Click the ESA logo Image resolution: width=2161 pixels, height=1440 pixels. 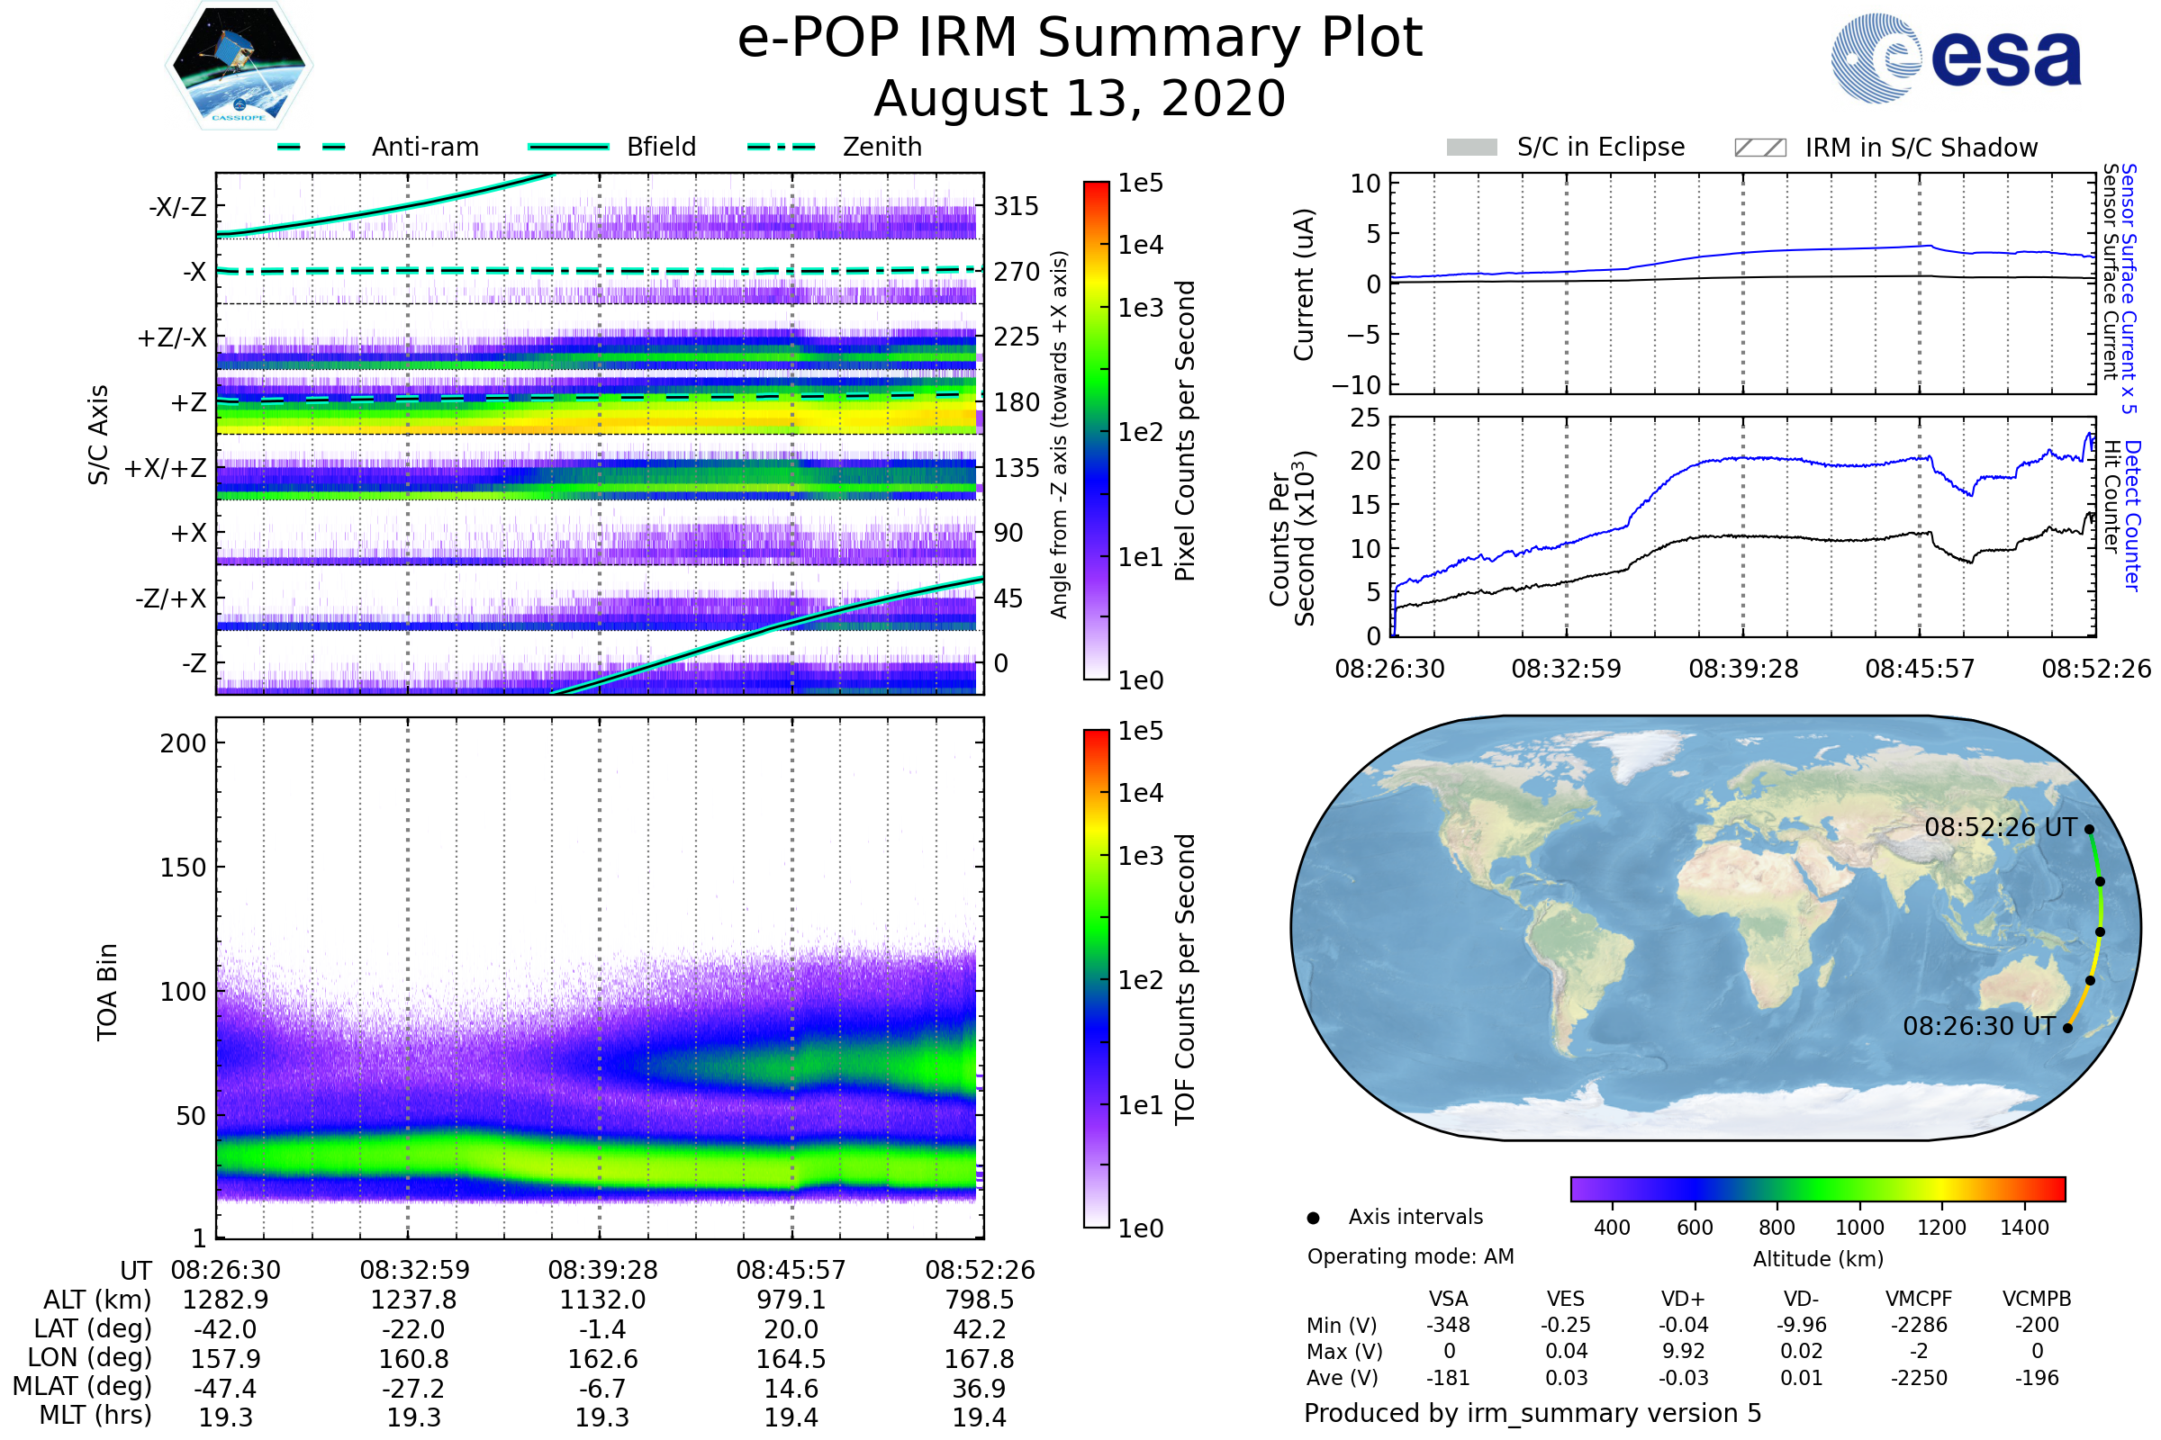1956,58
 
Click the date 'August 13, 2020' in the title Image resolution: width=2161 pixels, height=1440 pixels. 1080,99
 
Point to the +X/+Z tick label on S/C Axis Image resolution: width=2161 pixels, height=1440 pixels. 166,468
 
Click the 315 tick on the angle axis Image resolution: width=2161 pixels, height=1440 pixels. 1017,207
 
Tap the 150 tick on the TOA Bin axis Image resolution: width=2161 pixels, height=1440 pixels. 183,868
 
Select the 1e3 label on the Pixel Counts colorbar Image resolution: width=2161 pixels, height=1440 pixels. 1140,309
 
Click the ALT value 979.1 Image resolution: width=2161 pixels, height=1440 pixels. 791,1300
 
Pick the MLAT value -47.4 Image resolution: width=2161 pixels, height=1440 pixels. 225,1389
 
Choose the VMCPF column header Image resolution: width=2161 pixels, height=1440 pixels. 1919,1300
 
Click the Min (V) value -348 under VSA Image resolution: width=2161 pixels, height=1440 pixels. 1448,1325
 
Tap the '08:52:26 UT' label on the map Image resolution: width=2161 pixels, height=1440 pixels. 2000,827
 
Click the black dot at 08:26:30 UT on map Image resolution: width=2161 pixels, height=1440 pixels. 2068,1028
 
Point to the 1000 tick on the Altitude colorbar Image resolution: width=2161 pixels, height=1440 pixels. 1859,1228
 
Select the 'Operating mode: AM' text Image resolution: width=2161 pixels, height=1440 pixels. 1410,1256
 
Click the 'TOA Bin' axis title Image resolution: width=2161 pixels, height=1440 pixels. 107,992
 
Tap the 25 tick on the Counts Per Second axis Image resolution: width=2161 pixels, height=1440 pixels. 1365,418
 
